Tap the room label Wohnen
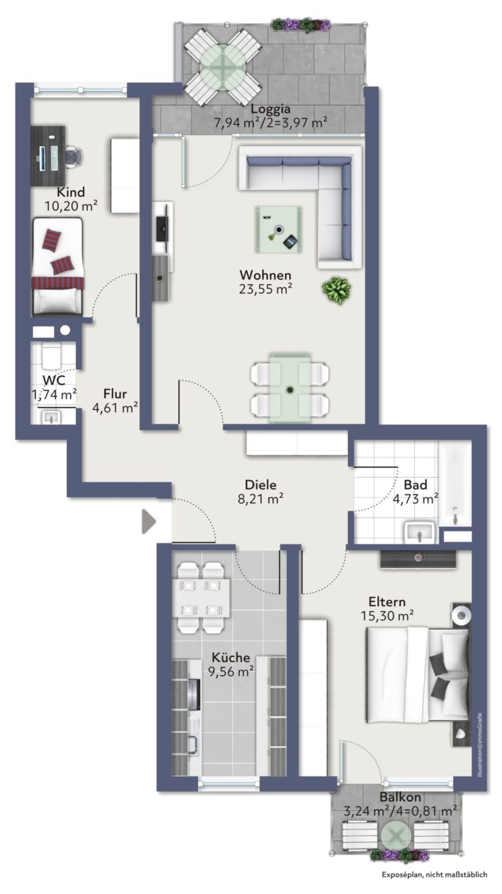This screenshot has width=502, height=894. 265,275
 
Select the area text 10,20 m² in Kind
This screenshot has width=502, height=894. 71,206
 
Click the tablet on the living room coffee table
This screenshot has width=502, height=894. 290,241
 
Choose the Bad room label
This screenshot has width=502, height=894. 415,485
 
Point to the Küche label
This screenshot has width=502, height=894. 231,658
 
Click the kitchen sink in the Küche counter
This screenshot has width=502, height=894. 193,744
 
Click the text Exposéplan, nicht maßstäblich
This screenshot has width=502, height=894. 435,886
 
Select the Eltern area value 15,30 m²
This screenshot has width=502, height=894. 387,616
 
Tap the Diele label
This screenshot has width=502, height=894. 260,485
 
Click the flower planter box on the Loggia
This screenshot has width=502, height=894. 301,25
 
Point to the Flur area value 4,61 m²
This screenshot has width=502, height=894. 115,408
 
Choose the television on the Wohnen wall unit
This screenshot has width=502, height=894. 161,229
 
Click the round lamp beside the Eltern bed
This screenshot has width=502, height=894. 461,615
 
